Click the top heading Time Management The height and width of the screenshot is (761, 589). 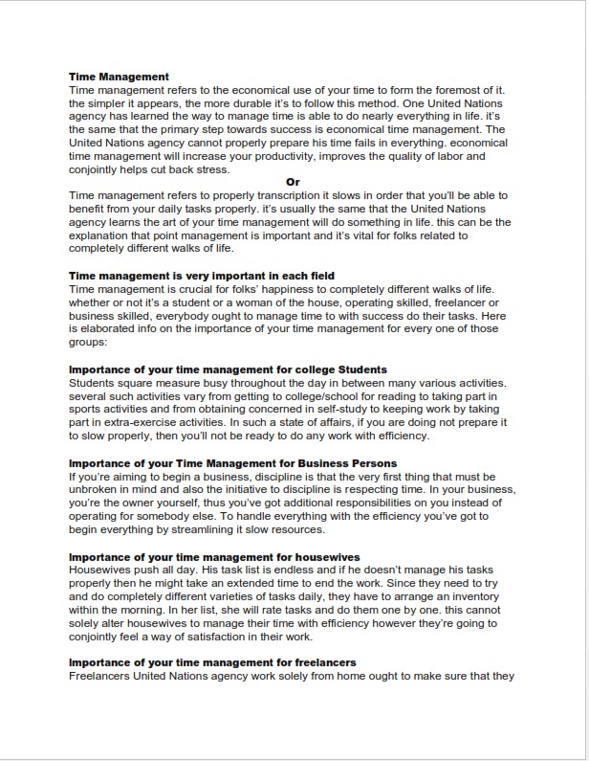pos(120,77)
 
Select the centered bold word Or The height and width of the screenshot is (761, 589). pos(294,181)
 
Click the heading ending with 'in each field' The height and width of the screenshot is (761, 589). pos(202,276)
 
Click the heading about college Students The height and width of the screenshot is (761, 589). pos(228,369)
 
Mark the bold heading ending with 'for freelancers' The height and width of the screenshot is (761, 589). pos(212,662)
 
